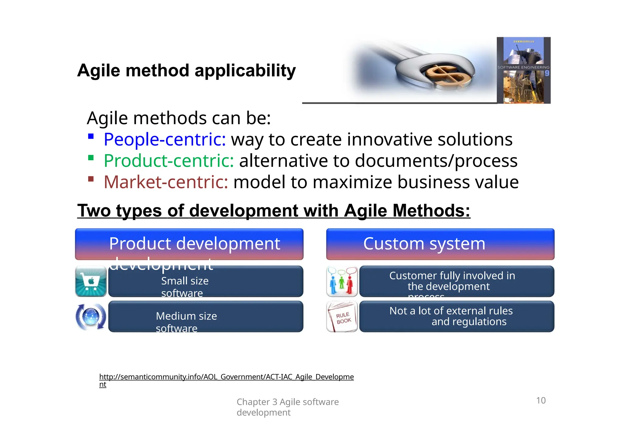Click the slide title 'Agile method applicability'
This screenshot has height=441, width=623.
[186, 71]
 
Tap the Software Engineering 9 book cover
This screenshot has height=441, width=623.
[524, 70]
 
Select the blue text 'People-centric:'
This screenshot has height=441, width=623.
[165, 140]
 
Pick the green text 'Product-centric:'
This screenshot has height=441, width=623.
[169, 161]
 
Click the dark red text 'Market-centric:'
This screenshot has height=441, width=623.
[166, 182]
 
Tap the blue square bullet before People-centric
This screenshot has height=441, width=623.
[91, 136]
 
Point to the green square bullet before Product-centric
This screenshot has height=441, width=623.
[91, 158]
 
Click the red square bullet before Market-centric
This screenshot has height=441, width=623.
[91, 179]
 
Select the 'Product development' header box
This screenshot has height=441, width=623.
[189, 244]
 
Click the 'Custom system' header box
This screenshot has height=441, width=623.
[440, 244]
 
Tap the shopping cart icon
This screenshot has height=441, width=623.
[91, 281]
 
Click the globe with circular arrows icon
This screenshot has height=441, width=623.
[91, 317]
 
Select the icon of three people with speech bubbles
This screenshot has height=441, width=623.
[342, 281]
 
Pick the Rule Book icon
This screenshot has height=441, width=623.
[342, 317]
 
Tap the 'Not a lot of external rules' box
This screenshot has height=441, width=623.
[456, 316]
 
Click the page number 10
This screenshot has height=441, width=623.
[541, 400]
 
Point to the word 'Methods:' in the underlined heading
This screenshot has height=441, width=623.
[431, 211]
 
